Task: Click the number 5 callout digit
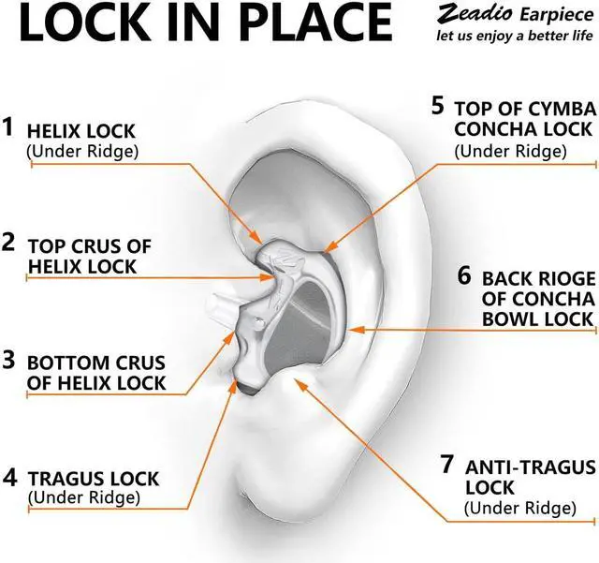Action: (x=437, y=104)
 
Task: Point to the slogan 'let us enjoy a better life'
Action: (x=515, y=37)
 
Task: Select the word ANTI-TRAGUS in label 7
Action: (x=523, y=466)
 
